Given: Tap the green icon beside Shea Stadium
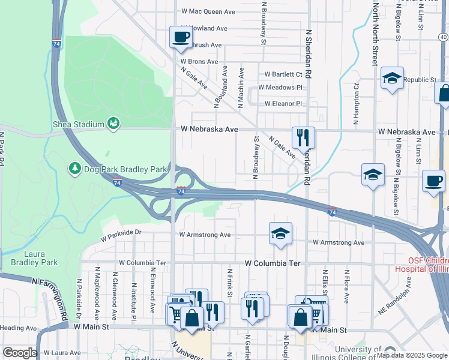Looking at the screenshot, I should (x=112, y=123).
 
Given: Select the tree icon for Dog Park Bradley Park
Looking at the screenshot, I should (x=75, y=169).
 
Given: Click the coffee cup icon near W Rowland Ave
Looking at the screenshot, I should (x=180, y=37).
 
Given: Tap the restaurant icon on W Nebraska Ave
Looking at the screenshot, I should (x=303, y=137).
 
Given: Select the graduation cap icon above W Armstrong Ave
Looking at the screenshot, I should (x=280, y=234).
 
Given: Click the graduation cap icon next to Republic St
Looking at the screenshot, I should (x=392, y=79).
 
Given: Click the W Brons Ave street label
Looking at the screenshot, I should (x=199, y=62).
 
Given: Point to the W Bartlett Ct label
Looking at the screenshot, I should (x=283, y=74).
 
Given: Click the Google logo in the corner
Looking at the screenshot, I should (x=20, y=353).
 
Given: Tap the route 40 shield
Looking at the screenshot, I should (x=443, y=37).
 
